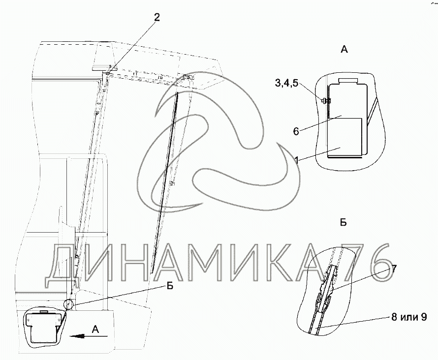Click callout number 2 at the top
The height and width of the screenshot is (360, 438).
[x=156, y=18]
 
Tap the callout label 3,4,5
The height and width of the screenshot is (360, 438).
[x=287, y=83]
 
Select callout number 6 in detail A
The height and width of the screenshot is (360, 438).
[x=296, y=131]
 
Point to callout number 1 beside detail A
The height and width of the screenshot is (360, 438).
[x=297, y=160]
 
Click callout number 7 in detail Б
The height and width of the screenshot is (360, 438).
[x=394, y=270]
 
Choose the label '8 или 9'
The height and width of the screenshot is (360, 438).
[x=409, y=317]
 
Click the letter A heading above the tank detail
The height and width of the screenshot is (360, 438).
[x=344, y=50]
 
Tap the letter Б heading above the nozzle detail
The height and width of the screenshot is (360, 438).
[x=344, y=222]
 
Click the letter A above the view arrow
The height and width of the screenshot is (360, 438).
[x=95, y=330]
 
